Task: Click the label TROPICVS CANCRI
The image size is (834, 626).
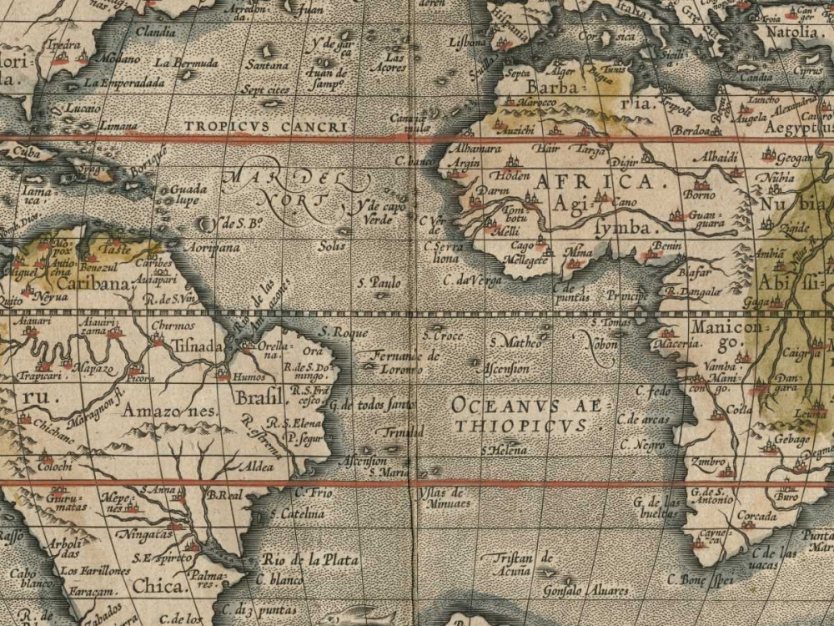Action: (264, 127)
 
